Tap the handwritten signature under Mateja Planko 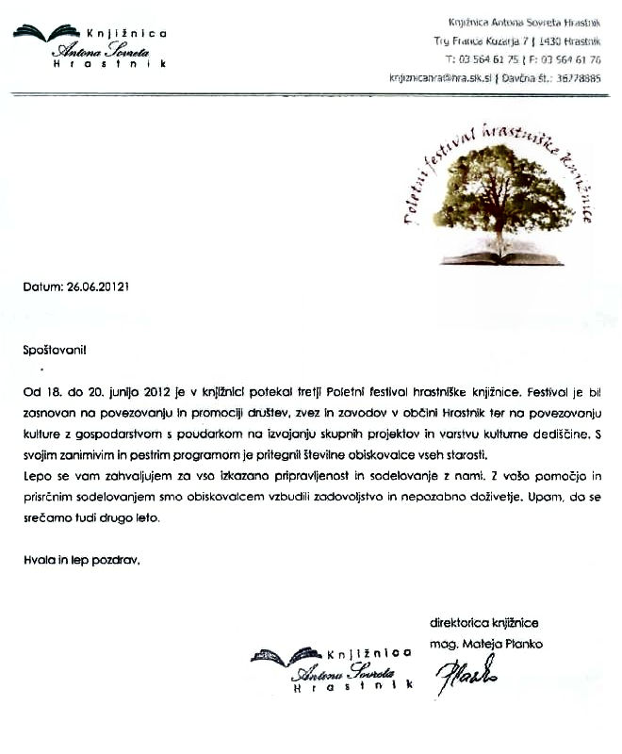tap(466, 675)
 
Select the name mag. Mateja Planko tap(487, 644)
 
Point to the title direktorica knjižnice tap(484, 623)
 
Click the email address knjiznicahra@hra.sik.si tap(440, 78)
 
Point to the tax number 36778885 tap(579, 78)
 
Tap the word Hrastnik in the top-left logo tap(109, 64)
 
